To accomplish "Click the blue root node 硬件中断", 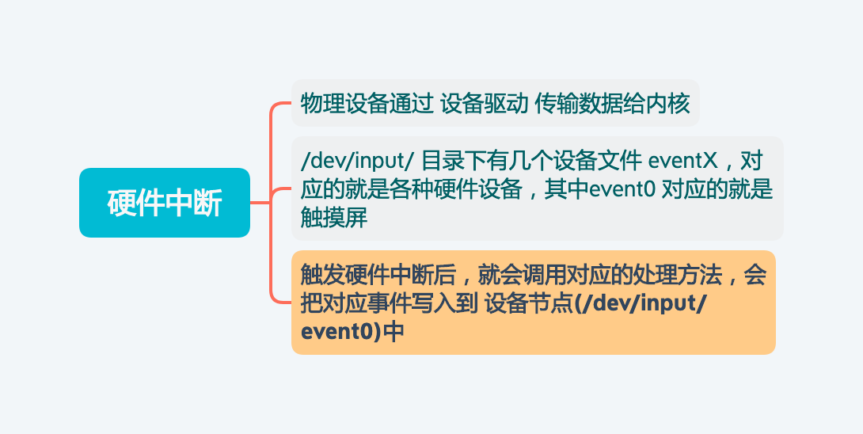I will tap(165, 203).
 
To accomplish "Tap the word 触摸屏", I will tap(334, 217).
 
